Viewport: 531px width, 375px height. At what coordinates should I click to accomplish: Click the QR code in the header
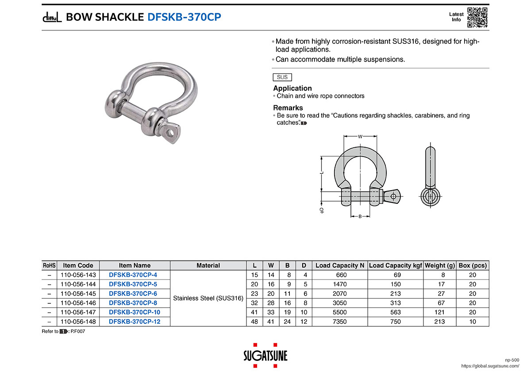pyautogui.click(x=477, y=17)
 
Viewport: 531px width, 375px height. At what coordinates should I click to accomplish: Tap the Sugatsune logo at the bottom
pyautogui.click(x=265, y=356)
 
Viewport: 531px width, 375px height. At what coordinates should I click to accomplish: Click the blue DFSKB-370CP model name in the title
pyautogui.click(x=184, y=17)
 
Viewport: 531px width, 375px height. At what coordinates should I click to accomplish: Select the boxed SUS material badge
pyautogui.click(x=282, y=77)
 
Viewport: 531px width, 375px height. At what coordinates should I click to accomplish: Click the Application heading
pyautogui.click(x=292, y=88)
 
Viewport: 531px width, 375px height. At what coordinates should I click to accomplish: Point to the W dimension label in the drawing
pyautogui.click(x=360, y=137)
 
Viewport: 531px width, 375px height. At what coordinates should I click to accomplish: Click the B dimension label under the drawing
pyautogui.click(x=360, y=216)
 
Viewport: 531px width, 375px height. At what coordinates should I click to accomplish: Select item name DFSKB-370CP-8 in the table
pyautogui.click(x=133, y=303)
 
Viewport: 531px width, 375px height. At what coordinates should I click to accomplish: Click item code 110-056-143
pyautogui.click(x=78, y=275)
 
